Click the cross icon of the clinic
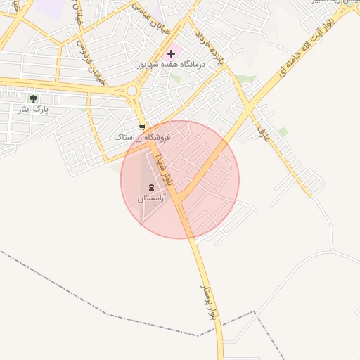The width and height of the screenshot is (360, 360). point(171,53)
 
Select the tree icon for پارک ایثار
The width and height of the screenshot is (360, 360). point(33,98)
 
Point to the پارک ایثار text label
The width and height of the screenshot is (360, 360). point(36,110)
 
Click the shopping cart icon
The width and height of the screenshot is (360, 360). point(143,127)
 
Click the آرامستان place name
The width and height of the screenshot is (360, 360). point(150,199)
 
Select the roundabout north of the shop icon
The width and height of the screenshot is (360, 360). point(131,90)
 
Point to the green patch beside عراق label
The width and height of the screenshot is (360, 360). point(283,131)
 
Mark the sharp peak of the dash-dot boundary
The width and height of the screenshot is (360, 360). point(253,311)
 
